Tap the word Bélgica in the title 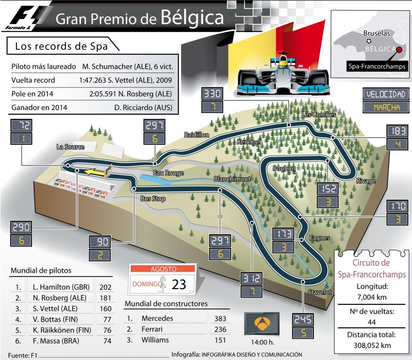[192, 17]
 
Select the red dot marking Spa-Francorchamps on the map [399, 50]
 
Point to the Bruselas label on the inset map [377, 34]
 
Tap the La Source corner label [70, 147]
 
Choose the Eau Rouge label [168, 173]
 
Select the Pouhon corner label [284, 168]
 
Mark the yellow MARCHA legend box [386, 108]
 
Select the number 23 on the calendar [179, 284]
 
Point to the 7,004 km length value [372, 297]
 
